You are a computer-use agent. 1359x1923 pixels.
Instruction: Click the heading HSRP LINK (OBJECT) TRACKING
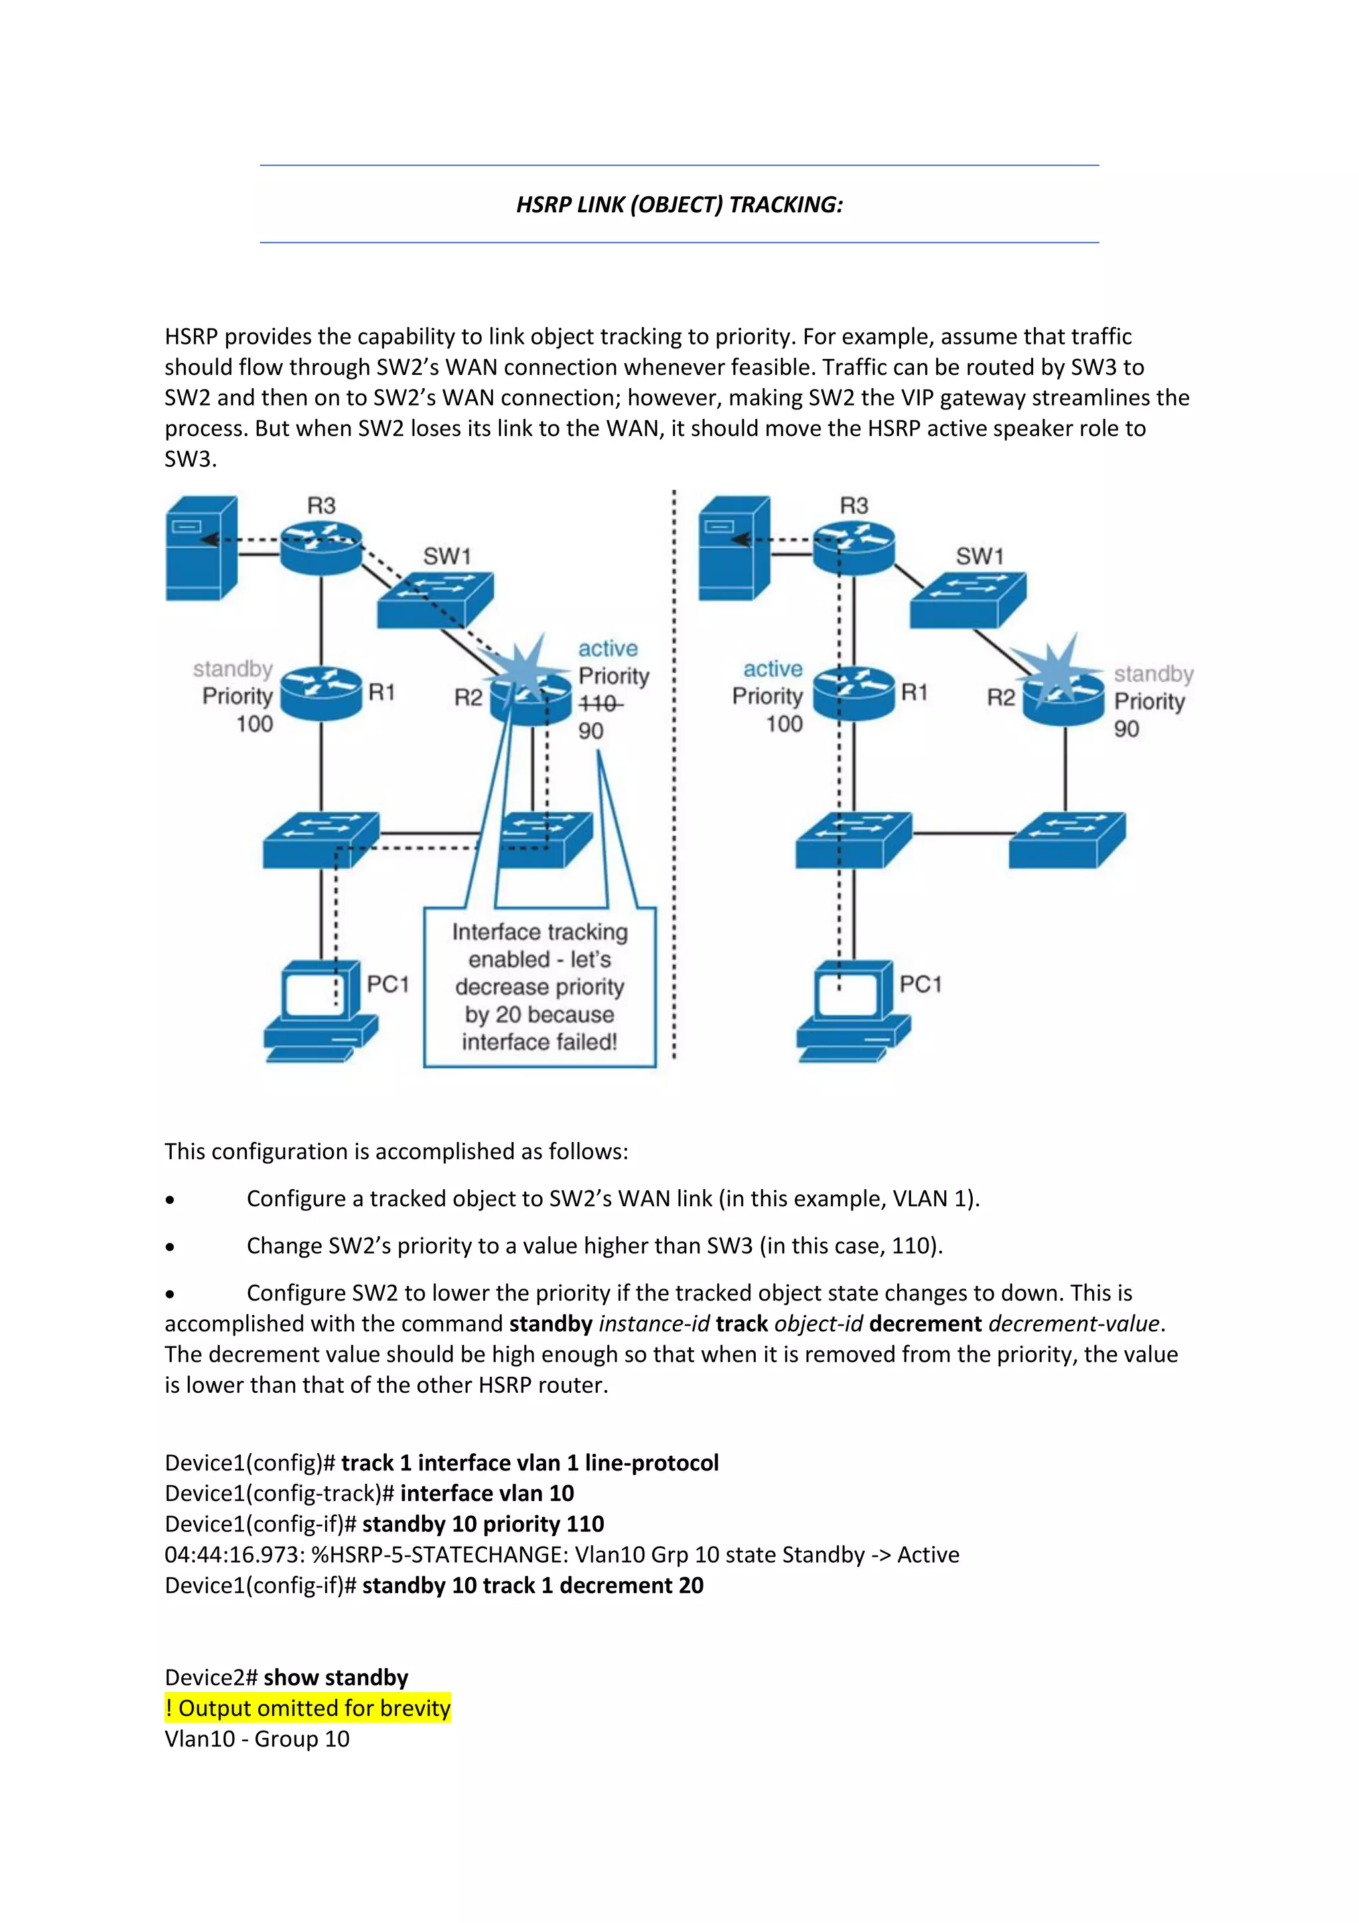pyautogui.click(x=679, y=204)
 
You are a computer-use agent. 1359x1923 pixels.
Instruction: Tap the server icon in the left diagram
pyautogui.click(x=201, y=549)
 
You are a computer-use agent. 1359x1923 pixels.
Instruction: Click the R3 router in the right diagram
pyautogui.click(x=853, y=549)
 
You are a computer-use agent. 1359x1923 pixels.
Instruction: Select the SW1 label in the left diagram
pyautogui.click(x=447, y=556)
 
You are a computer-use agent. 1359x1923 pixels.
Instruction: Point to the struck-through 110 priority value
pyautogui.click(x=599, y=703)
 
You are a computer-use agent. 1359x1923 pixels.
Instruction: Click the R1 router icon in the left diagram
pyautogui.click(x=321, y=693)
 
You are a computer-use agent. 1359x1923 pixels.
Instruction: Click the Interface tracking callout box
pyautogui.click(x=539, y=987)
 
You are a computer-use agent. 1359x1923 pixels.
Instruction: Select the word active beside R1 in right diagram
pyautogui.click(x=772, y=669)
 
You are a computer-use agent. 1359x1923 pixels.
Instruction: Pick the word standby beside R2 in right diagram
pyautogui.click(x=1153, y=674)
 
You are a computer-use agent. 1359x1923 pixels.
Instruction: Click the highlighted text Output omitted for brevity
pyautogui.click(x=308, y=1708)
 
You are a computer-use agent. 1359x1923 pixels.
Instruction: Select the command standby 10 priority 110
pyautogui.click(x=482, y=1524)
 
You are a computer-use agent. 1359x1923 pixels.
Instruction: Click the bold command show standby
pyautogui.click(x=336, y=1677)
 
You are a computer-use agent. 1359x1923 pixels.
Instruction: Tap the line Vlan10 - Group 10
pyautogui.click(x=257, y=1739)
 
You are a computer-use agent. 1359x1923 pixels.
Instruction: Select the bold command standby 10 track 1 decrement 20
pyautogui.click(x=533, y=1585)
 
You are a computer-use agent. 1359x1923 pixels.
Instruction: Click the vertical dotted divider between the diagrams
pyautogui.click(x=674, y=779)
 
